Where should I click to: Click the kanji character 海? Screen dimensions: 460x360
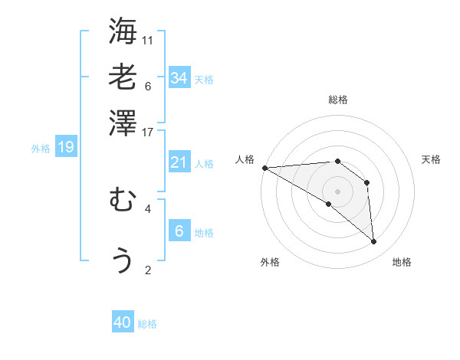(x=123, y=32)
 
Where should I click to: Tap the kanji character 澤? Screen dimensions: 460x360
(x=123, y=123)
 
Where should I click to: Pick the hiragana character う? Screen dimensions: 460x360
(x=123, y=260)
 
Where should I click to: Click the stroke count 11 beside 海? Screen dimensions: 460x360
(x=148, y=40)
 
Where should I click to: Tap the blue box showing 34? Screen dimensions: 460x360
(x=179, y=77)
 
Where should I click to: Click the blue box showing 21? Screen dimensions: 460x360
(x=179, y=162)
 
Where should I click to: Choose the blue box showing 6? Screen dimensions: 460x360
(x=179, y=231)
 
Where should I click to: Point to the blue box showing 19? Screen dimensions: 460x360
(x=66, y=147)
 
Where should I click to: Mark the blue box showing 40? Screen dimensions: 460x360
(x=123, y=322)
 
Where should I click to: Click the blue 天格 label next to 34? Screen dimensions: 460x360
(x=204, y=80)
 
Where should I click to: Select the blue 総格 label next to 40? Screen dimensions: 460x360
(x=147, y=324)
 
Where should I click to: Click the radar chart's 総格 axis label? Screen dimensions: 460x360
(x=338, y=100)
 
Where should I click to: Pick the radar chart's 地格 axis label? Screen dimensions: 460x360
(x=402, y=262)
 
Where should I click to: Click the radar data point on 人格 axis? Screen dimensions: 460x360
(x=264, y=168)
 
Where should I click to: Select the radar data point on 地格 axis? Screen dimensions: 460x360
(x=374, y=241)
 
